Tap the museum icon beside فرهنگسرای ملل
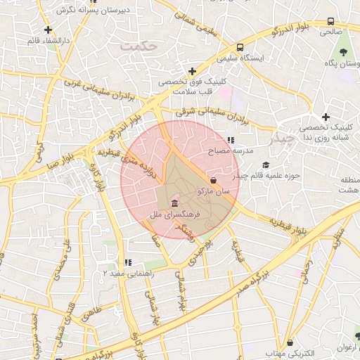pyautogui.click(x=174, y=203)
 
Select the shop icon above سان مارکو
pyautogui.click(x=213, y=181)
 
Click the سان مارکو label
pyautogui.click(x=212, y=191)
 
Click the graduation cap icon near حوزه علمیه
pyautogui.click(x=265, y=165)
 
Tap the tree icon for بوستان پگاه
pyautogui.click(x=343, y=53)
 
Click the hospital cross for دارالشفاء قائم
pyautogui.click(x=48, y=30)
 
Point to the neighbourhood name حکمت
pyautogui.click(x=135, y=46)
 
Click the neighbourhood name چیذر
pyautogui.click(x=285, y=137)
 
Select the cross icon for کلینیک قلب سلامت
pyautogui.click(x=192, y=70)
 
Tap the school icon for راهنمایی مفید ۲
pyautogui.click(x=128, y=262)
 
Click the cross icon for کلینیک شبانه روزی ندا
pyautogui.click(x=325, y=117)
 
